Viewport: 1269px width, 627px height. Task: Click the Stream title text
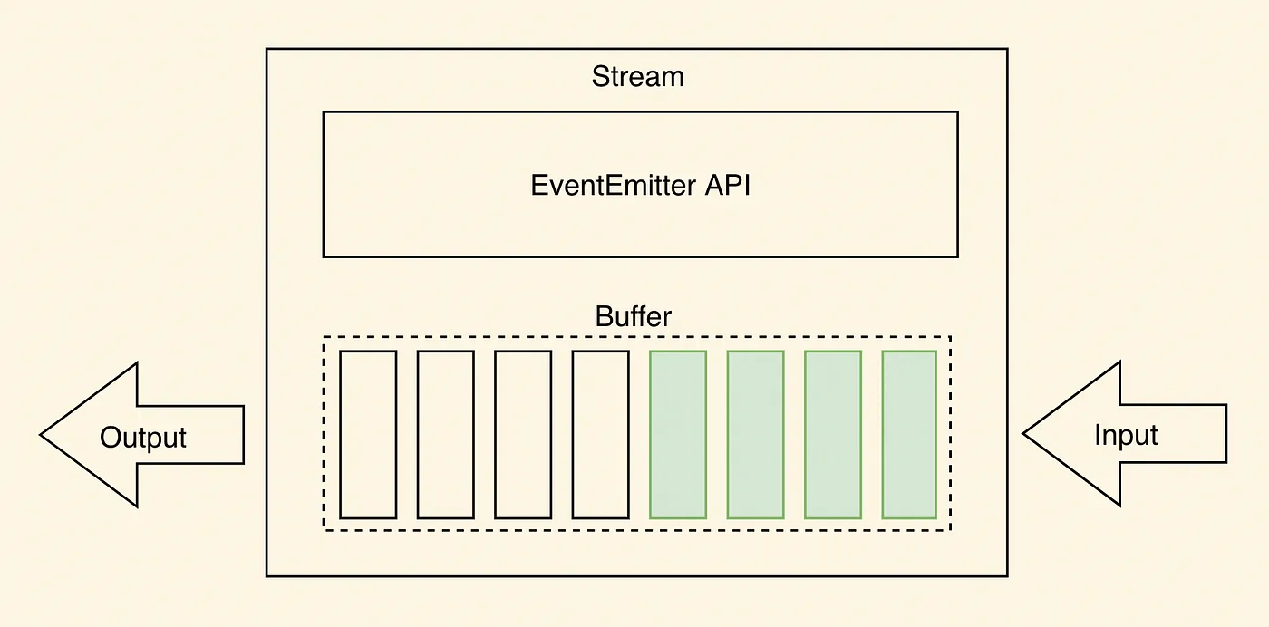(x=637, y=77)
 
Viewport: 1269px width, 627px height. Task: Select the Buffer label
(x=634, y=317)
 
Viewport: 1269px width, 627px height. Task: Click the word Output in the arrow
(x=143, y=438)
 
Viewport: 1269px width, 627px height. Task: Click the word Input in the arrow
(x=1126, y=435)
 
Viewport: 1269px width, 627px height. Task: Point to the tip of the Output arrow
(x=42, y=435)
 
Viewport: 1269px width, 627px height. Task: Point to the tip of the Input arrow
(x=1024, y=434)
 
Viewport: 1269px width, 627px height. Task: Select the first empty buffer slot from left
(x=368, y=434)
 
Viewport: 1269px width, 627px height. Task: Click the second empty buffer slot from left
(x=446, y=434)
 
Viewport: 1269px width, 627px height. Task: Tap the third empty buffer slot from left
(x=523, y=434)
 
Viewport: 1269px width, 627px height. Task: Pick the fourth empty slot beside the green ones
(x=600, y=434)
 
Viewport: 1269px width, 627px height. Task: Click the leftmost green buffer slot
(x=678, y=434)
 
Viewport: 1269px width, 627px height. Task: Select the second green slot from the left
(x=755, y=434)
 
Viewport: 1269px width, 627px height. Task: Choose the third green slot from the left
(x=833, y=434)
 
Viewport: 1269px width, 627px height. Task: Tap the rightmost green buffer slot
(x=909, y=434)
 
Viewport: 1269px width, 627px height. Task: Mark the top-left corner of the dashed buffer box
(x=325, y=337)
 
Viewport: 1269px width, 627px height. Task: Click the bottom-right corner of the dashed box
(x=950, y=530)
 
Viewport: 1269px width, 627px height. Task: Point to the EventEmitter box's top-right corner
(x=957, y=112)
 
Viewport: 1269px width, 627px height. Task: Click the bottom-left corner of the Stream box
(x=266, y=575)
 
